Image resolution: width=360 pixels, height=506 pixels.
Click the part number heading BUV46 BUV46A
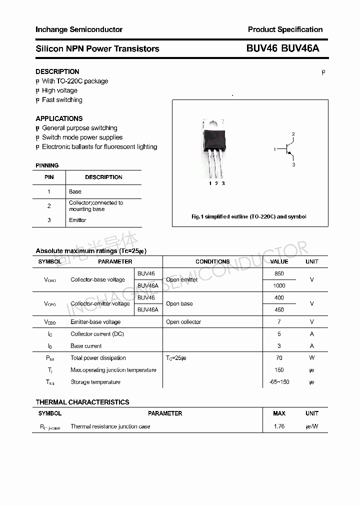tap(282, 48)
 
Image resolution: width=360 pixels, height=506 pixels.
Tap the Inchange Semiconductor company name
tap(79, 29)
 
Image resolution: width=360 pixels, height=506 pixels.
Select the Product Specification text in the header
tap(285, 29)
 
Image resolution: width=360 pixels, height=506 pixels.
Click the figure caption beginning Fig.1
tap(249, 216)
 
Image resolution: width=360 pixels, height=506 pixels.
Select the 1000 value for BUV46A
tap(279, 285)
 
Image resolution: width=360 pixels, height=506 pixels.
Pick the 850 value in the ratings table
tap(279, 273)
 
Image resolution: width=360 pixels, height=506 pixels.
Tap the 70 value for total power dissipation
tap(279, 358)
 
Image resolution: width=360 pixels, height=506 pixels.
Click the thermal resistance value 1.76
tap(279, 426)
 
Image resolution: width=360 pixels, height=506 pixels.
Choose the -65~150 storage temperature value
tap(279, 382)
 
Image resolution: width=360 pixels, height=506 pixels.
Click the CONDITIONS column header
tap(212, 261)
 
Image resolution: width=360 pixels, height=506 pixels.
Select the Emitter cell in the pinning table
tap(77, 220)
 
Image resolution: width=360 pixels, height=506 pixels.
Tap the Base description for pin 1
tap(75, 191)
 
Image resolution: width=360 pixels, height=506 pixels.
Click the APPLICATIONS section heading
tap(59, 118)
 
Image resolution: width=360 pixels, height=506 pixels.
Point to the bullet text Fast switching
tap(62, 100)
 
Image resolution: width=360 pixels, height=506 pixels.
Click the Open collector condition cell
tap(183, 322)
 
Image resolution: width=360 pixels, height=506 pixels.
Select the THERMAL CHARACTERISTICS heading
tap(82, 402)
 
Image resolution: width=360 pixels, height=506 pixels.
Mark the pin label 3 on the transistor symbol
tap(293, 164)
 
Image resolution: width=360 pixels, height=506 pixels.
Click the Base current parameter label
tap(86, 346)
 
